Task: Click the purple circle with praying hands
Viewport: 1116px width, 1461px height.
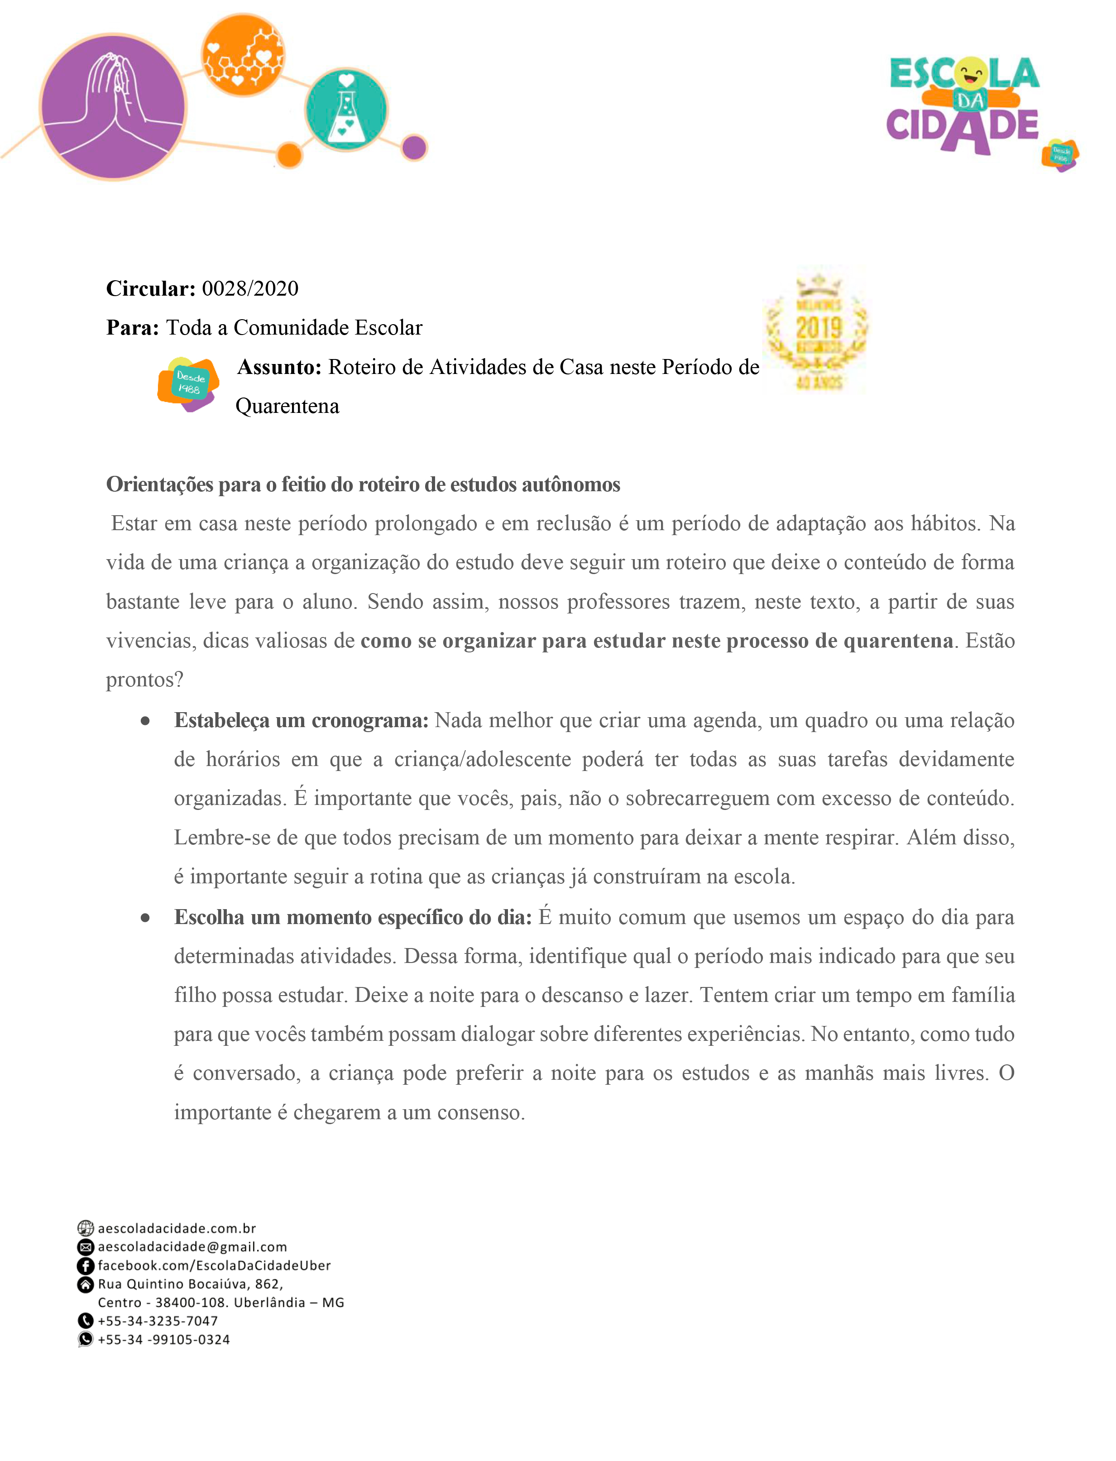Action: (x=113, y=106)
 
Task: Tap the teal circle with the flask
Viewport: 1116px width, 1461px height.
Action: (x=345, y=109)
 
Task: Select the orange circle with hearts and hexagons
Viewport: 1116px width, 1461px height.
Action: (x=243, y=55)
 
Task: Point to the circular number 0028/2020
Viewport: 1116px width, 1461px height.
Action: (x=250, y=288)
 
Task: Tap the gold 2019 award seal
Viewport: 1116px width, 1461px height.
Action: (x=818, y=330)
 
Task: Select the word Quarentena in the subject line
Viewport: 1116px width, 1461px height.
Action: (x=287, y=406)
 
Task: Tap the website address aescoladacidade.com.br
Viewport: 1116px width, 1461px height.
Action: (x=177, y=1228)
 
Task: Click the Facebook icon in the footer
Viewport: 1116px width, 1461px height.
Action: (x=85, y=1266)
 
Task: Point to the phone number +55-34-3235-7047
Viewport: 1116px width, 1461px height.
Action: (x=158, y=1321)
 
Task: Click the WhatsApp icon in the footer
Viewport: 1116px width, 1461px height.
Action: (x=85, y=1339)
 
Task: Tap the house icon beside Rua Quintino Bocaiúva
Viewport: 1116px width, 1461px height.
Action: (x=85, y=1284)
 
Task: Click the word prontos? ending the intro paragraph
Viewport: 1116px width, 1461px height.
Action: (x=144, y=680)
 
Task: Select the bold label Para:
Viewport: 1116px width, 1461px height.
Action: (x=132, y=327)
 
